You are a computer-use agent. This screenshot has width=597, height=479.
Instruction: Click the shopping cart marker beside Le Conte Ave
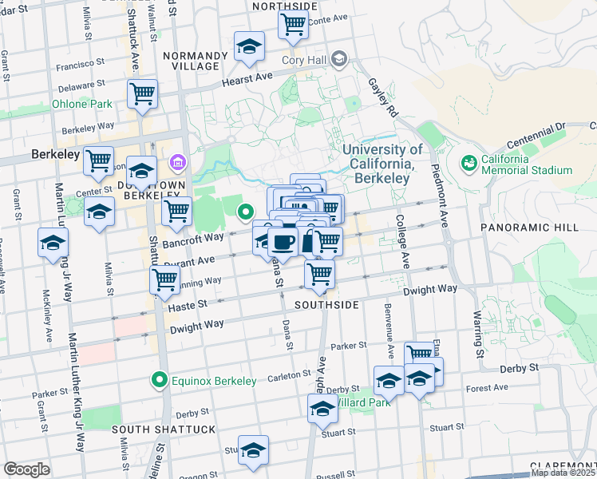click(293, 24)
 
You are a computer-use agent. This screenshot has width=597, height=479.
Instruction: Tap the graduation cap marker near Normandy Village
click(250, 48)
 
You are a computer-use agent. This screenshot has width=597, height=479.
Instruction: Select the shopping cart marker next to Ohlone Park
click(142, 93)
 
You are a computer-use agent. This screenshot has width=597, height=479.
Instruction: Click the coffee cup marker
click(283, 242)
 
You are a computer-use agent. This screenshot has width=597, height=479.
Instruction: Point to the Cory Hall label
click(304, 59)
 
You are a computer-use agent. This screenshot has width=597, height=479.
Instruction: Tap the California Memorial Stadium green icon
click(468, 163)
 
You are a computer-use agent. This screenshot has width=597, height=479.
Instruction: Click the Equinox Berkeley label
click(215, 381)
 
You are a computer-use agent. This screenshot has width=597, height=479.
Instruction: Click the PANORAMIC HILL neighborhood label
click(529, 228)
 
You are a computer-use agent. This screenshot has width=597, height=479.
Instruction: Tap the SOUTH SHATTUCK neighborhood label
click(164, 430)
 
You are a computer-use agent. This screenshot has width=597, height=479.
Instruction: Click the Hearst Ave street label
click(247, 77)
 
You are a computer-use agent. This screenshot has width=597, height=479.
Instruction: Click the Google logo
click(26, 469)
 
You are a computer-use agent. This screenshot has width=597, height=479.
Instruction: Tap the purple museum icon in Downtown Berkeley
click(176, 164)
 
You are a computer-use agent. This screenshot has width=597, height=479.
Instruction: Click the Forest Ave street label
click(488, 388)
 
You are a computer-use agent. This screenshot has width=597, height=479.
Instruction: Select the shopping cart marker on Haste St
click(320, 274)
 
